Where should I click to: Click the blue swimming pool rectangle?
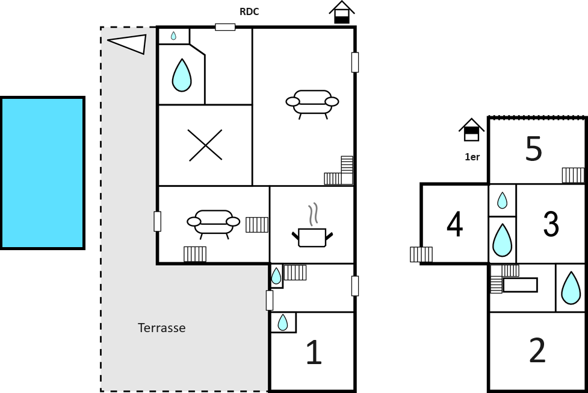point(42,173)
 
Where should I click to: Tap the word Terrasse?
point(162,328)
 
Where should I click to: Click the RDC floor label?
point(249,11)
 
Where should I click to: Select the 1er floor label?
point(472,157)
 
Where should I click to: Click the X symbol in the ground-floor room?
point(205,145)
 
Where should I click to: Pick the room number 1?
point(314,352)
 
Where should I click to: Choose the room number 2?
point(537,350)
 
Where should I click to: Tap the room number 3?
point(551,224)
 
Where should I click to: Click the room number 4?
point(455,225)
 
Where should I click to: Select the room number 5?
point(534,149)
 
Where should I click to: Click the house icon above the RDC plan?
point(342,13)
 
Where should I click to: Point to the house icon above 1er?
point(472,130)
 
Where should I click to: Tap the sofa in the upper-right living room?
point(312,104)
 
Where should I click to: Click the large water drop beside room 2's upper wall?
point(571,288)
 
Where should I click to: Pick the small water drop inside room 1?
point(282,322)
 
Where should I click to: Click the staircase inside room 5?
point(573,175)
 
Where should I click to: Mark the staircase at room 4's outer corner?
point(421,254)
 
